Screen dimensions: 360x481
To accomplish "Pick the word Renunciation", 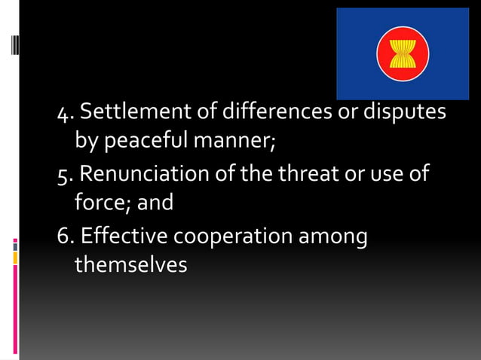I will pyautogui.click(x=145, y=174).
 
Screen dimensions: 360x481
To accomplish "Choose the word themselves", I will pyautogui.click(x=130, y=266).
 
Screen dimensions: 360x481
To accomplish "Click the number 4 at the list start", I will pyautogui.click(x=64, y=114).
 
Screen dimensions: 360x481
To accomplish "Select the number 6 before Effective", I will pyautogui.click(x=64, y=237).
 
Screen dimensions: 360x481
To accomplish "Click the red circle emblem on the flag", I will pyautogui.click(x=402, y=53).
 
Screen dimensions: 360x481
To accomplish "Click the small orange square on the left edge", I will pyautogui.click(x=15, y=258).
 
